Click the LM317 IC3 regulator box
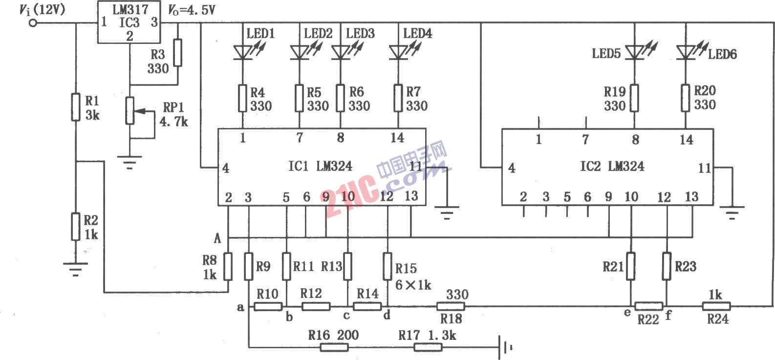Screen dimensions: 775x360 click(129, 22)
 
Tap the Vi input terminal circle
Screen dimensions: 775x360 click(33, 23)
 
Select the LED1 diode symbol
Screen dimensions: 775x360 click(243, 53)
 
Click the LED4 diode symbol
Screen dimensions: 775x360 click(398, 53)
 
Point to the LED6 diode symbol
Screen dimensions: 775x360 click(686, 53)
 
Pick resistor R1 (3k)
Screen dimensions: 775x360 click(76, 107)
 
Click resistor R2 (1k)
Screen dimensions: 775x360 click(76, 227)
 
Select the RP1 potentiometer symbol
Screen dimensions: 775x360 click(130, 111)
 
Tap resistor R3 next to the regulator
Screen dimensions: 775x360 click(178, 53)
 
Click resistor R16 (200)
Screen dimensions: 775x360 click(334, 347)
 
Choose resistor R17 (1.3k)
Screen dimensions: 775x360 click(428, 347)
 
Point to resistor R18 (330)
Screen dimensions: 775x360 click(451, 306)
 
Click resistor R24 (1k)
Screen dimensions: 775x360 click(716, 306)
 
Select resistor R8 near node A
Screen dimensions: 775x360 click(228, 266)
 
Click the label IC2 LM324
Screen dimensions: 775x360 click(612, 167)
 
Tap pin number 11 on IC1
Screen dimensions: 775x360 click(415, 167)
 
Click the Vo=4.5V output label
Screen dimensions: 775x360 click(192, 10)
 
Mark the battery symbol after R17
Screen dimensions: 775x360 click(505, 347)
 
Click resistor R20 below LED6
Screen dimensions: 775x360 click(686, 98)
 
